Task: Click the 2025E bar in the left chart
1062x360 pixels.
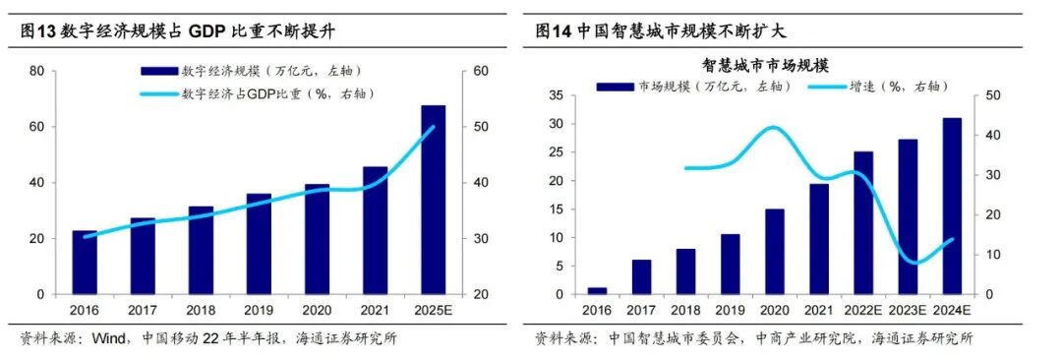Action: click(x=433, y=200)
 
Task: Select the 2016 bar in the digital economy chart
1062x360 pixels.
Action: click(x=85, y=263)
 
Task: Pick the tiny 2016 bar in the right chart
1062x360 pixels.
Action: click(x=596, y=290)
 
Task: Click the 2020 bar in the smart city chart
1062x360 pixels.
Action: click(x=774, y=252)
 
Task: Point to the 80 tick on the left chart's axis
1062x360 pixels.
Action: click(x=36, y=71)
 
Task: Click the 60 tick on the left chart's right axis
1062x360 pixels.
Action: click(x=481, y=71)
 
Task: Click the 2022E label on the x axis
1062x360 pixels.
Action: click(x=862, y=310)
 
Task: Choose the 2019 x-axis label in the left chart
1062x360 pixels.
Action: click(x=259, y=310)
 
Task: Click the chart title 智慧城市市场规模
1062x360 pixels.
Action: click(x=766, y=66)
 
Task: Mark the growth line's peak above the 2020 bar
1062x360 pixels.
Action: click(x=774, y=128)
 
